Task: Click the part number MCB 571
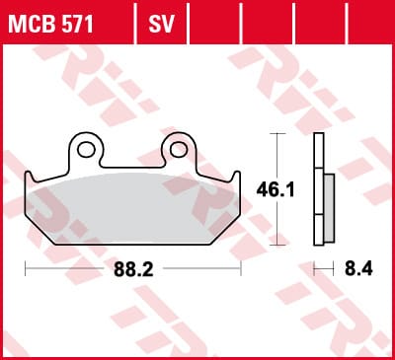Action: pos(50,24)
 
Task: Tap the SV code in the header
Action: pos(161,24)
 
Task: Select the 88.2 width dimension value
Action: pos(133,270)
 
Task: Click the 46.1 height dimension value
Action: pos(276,190)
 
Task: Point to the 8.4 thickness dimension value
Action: pos(358,269)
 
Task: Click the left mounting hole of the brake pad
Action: pos(86,150)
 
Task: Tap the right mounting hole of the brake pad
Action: pos(179,150)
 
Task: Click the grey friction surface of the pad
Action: pos(131,209)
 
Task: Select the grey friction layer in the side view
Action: pos(329,208)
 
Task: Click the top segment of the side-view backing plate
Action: pos(319,151)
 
